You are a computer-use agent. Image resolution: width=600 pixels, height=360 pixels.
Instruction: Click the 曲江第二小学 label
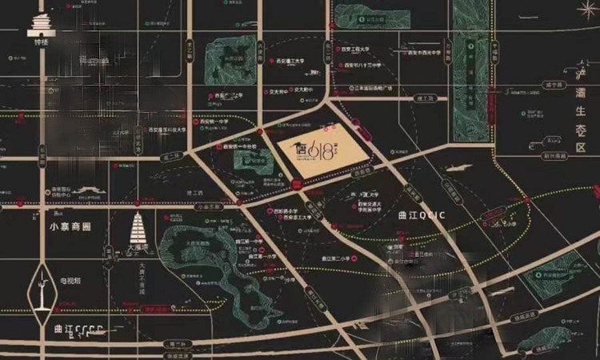click(336, 258)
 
